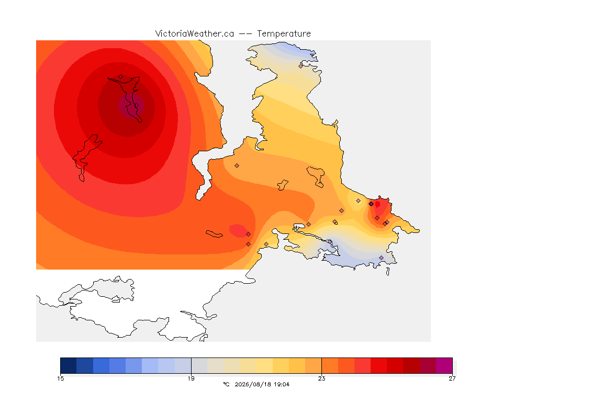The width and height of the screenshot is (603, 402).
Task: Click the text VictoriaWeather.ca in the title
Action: [x=195, y=34]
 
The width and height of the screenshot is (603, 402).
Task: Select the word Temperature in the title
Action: [x=284, y=34]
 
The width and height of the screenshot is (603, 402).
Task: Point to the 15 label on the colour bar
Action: [x=60, y=378]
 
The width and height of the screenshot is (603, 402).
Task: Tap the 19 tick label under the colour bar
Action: [x=191, y=378]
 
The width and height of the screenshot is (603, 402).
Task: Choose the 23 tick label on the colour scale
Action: [x=321, y=378]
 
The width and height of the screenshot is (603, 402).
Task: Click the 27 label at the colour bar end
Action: [x=452, y=378]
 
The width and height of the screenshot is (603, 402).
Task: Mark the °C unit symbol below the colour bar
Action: [x=226, y=384]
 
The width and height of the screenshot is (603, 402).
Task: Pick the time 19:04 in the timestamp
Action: [x=282, y=384]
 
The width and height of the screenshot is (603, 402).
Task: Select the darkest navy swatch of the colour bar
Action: [x=69, y=365]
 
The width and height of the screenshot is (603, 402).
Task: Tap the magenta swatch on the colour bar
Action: [x=444, y=365]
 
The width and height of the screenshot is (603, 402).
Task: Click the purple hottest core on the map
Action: [x=131, y=106]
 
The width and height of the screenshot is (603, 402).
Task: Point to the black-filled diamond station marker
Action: [x=371, y=204]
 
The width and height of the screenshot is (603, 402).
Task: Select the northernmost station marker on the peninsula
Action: [x=301, y=66]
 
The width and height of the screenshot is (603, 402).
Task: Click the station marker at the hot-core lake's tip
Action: [x=121, y=77]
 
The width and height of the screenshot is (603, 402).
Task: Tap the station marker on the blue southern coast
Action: [x=381, y=258]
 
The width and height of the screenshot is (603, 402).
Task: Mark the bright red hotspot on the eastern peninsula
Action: [x=381, y=210]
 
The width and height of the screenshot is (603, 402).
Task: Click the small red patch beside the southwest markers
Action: [x=238, y=230]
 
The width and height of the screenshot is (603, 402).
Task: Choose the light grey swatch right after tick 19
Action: [x=199, y=365]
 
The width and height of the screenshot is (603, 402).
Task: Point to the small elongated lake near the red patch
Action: [x=214, y=234]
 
